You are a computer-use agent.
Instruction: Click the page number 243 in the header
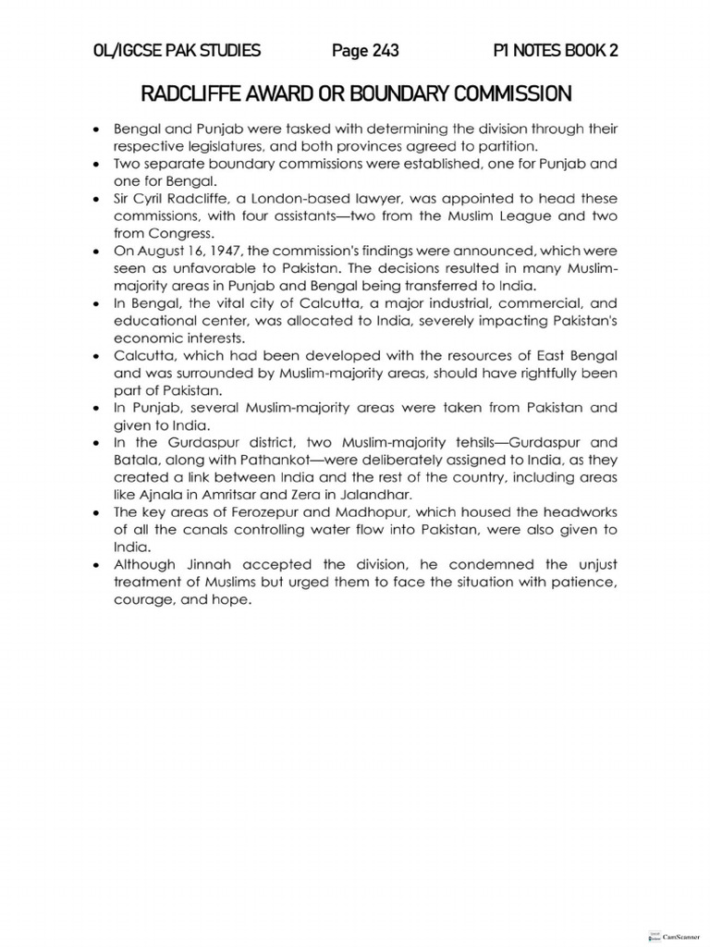point(365,51)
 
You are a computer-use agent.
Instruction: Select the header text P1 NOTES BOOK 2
point(557,51)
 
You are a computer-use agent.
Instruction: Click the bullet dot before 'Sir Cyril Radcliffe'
point(97,200)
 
